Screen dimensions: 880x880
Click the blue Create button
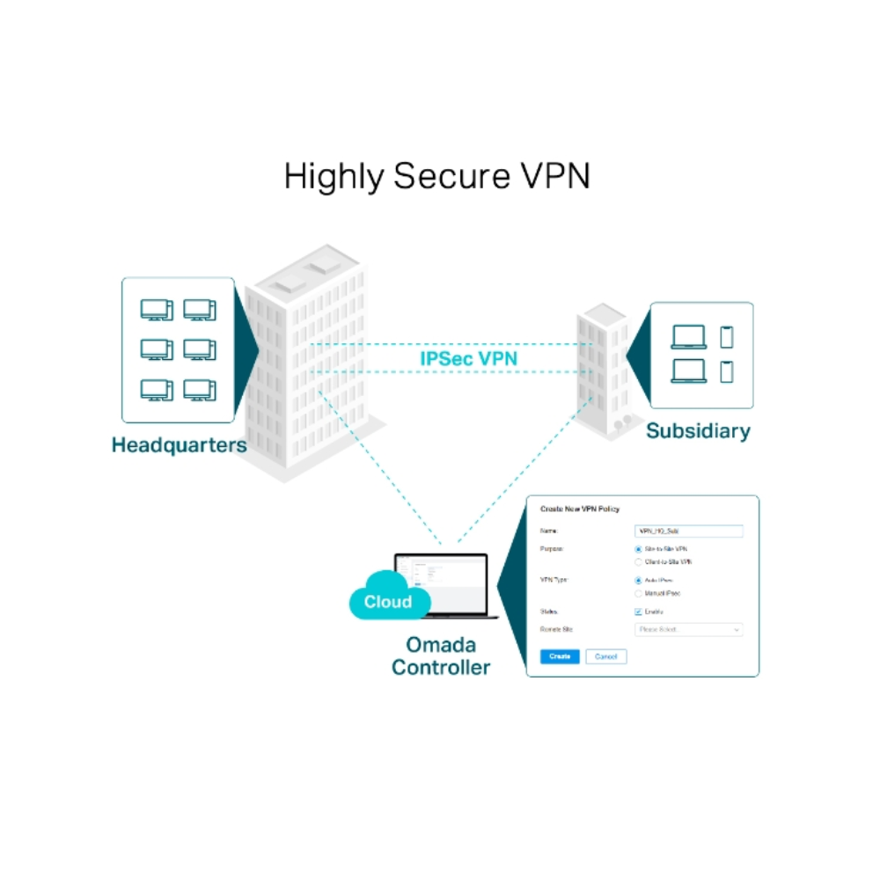tap(560, 656)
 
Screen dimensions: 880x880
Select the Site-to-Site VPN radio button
tap(638, 549)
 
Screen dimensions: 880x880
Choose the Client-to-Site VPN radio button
tap(638, 561)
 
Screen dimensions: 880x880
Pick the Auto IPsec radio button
tap(638, 581)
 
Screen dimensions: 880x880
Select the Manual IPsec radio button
tap(638, 594)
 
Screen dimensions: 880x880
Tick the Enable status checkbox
tap(638, 612)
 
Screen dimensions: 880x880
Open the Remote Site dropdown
tap(689, 630)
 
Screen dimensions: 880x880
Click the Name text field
tap(689, 532)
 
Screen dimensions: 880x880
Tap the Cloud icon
tap(388, 602)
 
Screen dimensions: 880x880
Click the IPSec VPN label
tap(467, 358)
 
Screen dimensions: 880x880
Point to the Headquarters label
tap(179, 445)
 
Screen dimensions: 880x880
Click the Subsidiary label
tap(698, 431)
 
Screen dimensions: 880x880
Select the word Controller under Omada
tap(441, 667)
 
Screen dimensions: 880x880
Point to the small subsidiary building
tap(604, 370)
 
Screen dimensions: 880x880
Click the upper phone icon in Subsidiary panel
tap(727, 337)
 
